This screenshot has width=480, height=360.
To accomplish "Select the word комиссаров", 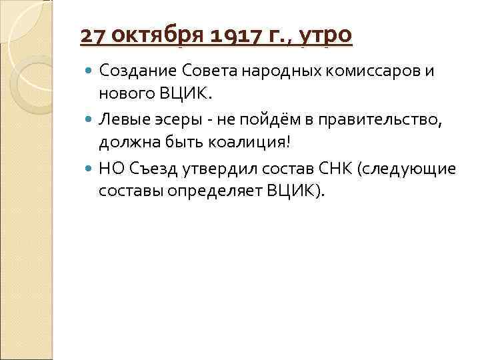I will click(370, 71).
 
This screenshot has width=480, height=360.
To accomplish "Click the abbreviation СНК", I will click(333, 170).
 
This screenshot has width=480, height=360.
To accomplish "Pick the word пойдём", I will click(261, 121).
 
